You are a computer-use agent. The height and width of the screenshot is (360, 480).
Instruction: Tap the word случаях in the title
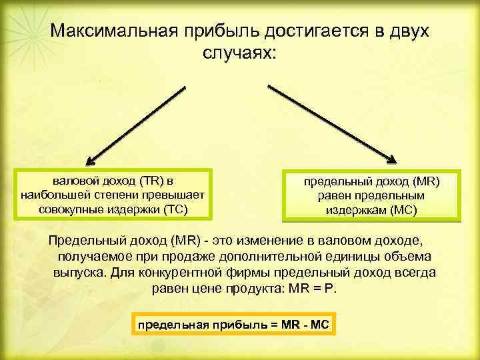[x=239, y=53]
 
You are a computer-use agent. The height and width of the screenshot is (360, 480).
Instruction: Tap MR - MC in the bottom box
[x=304, y=325]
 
